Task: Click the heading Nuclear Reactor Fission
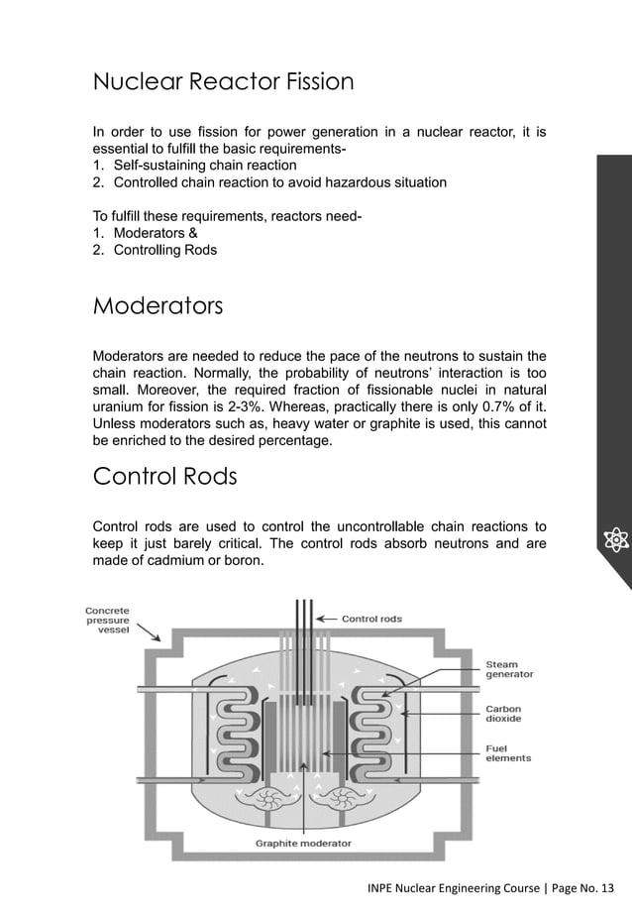pyautogui.click(x=223, y=81)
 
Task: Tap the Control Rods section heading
pyautogui.click(x=164, y=477)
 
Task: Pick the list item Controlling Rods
pyautogui.click(x=164, y=250)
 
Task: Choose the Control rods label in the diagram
pyautogui.click(x=371, y=619)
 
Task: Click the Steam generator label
pyautogui.click(x=508, y=669)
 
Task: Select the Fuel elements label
pyautogui.click(x=507, y=752)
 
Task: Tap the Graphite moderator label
pyautogui.click(x=303, y=844)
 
